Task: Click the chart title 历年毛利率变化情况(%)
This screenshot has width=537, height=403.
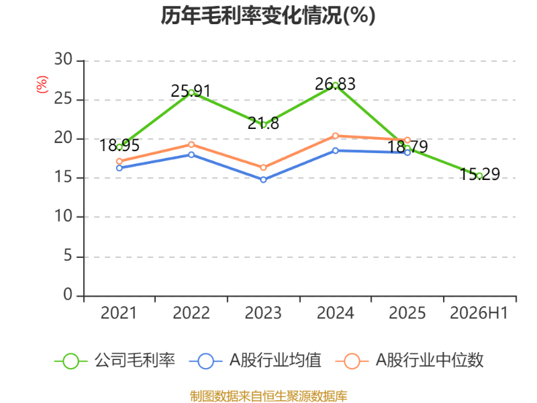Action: [268, 15]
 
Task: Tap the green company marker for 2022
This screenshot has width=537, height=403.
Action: [191, 93]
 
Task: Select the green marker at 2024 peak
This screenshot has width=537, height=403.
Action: [335, 85]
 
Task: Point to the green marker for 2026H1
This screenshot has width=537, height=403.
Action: [479, 176]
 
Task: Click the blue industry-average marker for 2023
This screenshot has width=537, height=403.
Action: [263, 179]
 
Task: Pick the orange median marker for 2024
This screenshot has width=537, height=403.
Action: [335, 136]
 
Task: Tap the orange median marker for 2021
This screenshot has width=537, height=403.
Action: [119, 161]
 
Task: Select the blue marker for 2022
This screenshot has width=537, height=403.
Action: [191, 154]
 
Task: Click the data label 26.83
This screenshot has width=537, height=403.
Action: [335, 84]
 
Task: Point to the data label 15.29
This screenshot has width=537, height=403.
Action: [479, 174]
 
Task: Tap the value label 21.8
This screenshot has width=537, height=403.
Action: [263, 124]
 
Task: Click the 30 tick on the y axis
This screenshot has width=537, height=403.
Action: [63, 60]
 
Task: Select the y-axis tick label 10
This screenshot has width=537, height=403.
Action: [63, 216]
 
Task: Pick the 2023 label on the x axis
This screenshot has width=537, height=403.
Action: [263, 313]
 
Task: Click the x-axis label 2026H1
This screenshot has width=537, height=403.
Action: [479, 313]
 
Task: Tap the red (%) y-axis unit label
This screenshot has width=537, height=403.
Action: [42, 85]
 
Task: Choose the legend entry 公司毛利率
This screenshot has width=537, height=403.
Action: [115, 361]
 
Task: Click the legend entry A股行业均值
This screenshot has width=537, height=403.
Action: [256, 361]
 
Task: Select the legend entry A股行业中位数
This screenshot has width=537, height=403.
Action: [409, 361]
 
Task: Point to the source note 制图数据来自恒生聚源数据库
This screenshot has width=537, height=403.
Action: [268, 396]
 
